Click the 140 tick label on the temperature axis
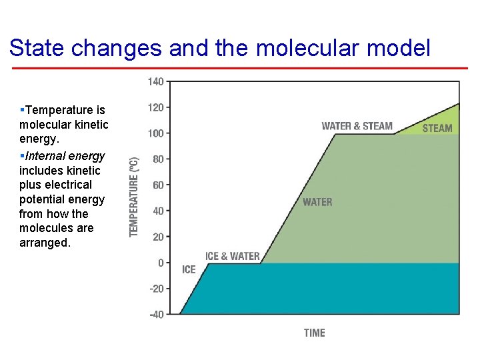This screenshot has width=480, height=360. tap(155, 81)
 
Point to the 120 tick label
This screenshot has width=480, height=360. tap(155, 107)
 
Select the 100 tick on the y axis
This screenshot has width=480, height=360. tap(155, 133)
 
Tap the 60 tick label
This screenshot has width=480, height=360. tap(157, 185)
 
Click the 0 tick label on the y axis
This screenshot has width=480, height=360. tap(160, 263)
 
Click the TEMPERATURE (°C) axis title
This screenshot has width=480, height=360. tap(134, 197)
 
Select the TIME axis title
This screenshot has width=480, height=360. tap(314, 333)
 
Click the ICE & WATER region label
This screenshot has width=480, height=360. tap(232, 256)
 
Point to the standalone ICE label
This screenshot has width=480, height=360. tap(189, 269)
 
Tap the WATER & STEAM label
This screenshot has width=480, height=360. tap(357, 126)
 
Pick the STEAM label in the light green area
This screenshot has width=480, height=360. tap(437, 128)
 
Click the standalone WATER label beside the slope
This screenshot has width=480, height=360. tap(317, 202)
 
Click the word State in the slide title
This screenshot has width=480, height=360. tap(37, 48)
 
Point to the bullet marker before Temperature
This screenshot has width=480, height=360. tap(22, 109)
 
